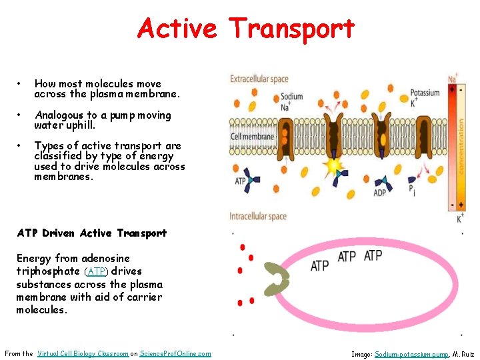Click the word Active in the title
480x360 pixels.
[177, 29]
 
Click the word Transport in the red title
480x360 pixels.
[291, 29]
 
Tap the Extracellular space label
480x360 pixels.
[259, 79]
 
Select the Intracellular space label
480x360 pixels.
[258, 216]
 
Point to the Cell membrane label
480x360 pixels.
[252, 137]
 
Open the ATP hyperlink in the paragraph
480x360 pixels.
[97, 271]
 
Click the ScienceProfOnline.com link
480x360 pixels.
[175, 353]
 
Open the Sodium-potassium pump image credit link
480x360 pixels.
[411, 354]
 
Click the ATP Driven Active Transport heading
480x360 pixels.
[91, 233]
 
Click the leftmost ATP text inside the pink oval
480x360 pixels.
[320, 265]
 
